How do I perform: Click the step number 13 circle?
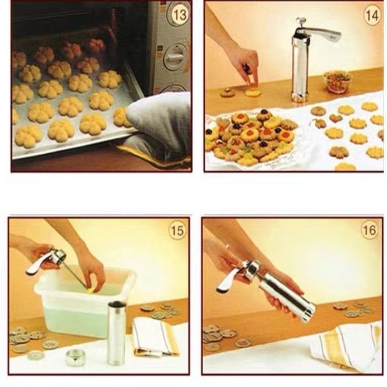click(x=179, y=15)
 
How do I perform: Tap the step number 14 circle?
click(x=372, y=15)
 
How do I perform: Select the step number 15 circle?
click(x=177, y=231)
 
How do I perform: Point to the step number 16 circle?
click(x=370, y=231)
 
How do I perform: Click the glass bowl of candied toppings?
click(x=338, y=81)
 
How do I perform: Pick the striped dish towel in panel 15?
click(x=156, y=336)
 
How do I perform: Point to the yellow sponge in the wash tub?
click(x=91, y=291)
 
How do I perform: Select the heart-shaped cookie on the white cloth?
click(x=335, y=118)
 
